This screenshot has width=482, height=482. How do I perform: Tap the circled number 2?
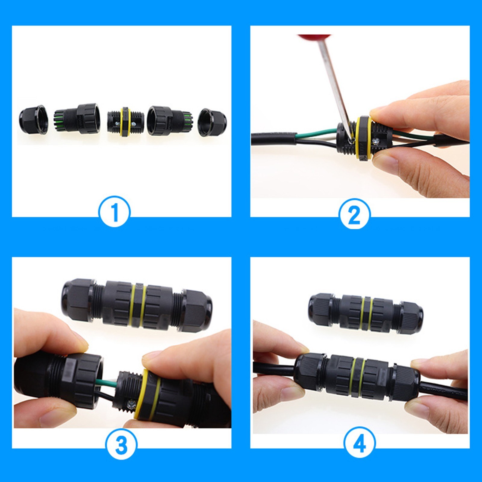point(354,214)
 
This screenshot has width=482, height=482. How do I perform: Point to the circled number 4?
point(359,443)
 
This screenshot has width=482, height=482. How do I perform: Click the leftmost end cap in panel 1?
point(33,120)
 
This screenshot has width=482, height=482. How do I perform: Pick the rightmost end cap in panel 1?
point(212,122)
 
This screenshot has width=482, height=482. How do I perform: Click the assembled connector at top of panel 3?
point(137,306)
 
